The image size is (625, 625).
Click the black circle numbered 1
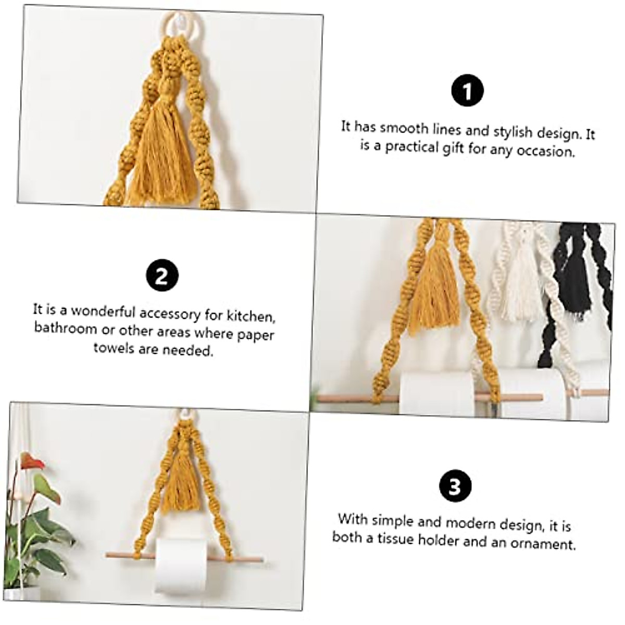(x=467, y=91)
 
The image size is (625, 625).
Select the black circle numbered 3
(x=455, y=486)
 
